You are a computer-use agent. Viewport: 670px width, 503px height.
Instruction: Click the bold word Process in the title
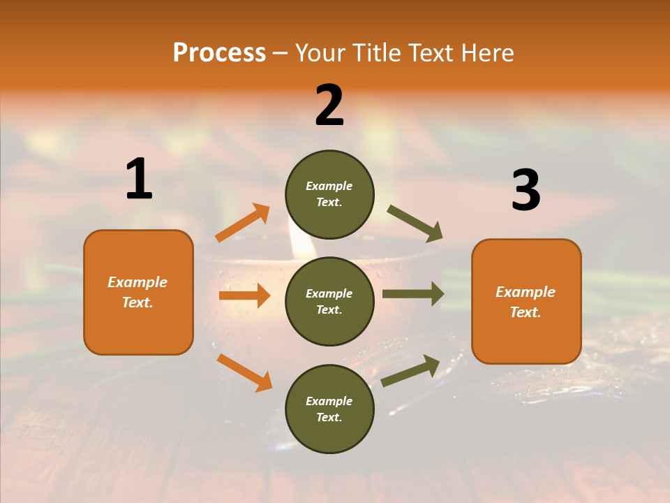tap(219, 53)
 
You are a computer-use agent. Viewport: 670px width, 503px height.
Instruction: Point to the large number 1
tap(139, 179)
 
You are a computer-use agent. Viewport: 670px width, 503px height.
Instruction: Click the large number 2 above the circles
tap(329, 105)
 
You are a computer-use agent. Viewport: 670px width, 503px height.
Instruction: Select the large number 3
tap(526, 191)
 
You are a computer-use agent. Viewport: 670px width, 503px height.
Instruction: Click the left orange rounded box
tap(138, 292)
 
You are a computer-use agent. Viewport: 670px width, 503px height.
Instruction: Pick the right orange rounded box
tap(526, 301)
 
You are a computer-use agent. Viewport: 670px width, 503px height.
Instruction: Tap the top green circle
tap(329, 194)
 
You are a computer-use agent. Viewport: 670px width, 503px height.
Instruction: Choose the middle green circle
tap(329, 301)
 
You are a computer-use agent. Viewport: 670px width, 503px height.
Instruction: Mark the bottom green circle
tap(329, 409)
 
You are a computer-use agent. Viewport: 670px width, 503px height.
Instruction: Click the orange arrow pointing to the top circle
tap(243, 223)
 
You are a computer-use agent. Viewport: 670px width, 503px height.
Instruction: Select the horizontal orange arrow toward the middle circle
tap(244, 296)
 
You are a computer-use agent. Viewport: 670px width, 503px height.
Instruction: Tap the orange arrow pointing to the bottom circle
tap(244, 372)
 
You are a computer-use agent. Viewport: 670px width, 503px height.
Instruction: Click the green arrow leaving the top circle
tap(415, 224)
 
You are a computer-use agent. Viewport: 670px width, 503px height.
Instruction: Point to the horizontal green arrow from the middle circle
tap(412, 294)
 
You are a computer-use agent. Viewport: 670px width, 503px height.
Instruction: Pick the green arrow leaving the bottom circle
tap(411, 370)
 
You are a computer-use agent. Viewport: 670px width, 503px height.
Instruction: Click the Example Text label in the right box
tap(526, 302)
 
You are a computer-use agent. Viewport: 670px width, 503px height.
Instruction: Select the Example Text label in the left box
tap(137, 292)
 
